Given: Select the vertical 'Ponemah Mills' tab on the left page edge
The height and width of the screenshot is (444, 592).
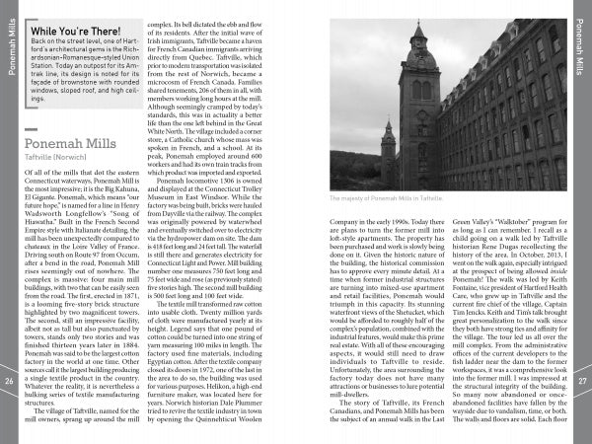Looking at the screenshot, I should tap(9, 44).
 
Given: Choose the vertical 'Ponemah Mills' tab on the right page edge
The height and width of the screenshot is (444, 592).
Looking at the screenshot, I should tap(582, 44).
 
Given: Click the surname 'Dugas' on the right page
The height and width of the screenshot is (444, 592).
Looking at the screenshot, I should tap(494, 237).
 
